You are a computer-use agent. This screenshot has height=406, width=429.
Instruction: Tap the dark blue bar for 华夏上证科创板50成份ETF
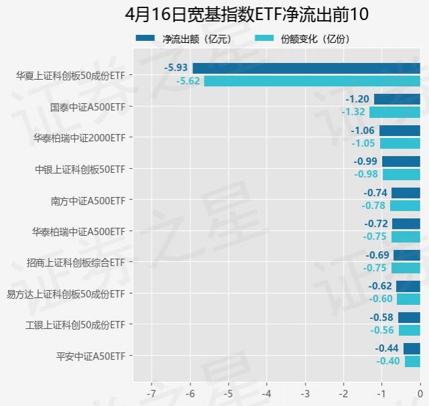(x=306, y=68)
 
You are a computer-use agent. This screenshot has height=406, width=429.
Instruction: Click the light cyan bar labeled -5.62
(x=312, y=81)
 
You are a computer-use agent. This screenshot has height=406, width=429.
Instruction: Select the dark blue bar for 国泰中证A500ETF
(x=397, y=99)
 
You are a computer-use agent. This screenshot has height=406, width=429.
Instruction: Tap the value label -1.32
(x=353, y=112)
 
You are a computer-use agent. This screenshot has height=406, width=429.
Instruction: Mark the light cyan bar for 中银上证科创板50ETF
(x=401, y=174)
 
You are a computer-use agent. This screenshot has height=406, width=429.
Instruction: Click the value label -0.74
(x=376, y=192)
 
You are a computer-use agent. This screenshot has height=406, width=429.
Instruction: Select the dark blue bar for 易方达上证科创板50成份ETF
(x=408, y=286)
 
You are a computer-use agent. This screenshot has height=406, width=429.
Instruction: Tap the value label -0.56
(x=383, y=330)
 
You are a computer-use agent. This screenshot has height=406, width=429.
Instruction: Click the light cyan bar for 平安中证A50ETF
(x=412, y=361)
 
